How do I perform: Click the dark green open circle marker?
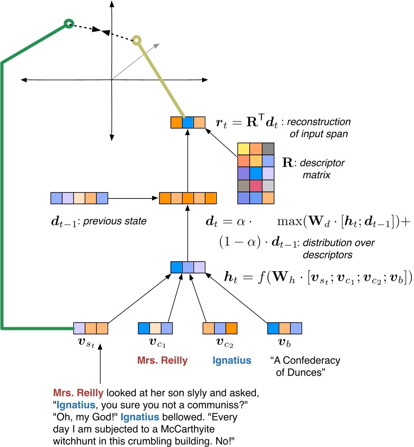click(68, 23)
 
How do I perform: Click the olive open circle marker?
click(137, 40)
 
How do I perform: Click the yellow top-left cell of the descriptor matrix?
click(243, 149)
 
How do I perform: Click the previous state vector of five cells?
click(79, 197)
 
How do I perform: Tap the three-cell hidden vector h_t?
click(187, 267)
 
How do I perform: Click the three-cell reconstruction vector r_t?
click(187, 122)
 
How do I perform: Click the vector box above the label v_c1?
click(155, 328)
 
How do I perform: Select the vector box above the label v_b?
click(284, 328)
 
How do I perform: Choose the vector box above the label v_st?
click(91, 328)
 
